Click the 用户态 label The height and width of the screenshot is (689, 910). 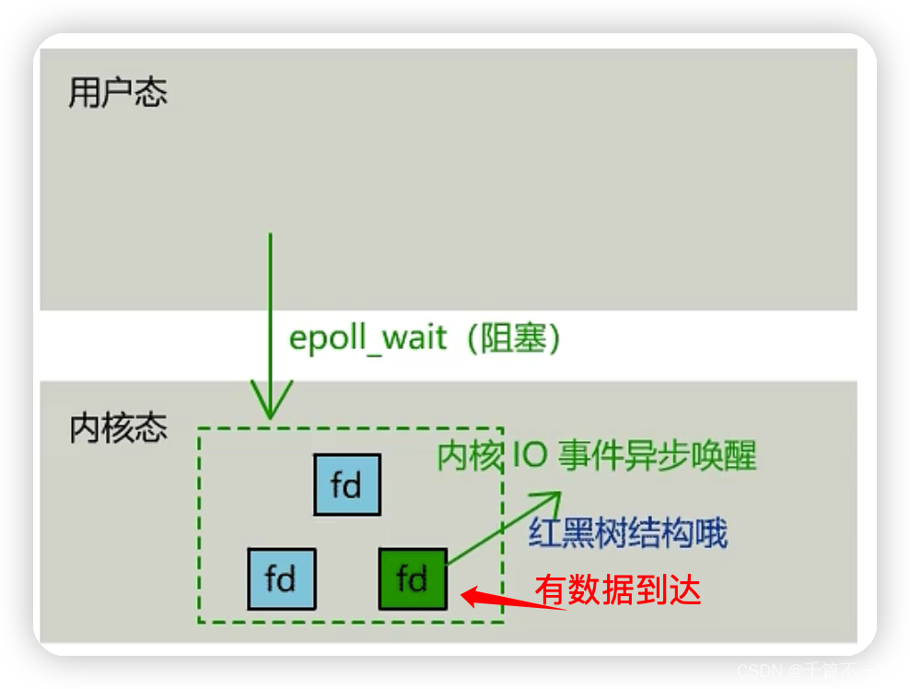118,94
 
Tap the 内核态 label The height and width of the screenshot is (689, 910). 118,428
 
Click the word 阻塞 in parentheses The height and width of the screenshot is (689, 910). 513,338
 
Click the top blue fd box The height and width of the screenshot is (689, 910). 347,485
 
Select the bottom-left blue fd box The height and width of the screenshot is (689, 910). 281,578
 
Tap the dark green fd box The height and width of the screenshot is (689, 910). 413,578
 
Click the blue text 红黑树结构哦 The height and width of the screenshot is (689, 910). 628,533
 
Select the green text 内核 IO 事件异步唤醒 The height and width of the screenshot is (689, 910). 597,456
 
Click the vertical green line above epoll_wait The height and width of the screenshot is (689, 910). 270,276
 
